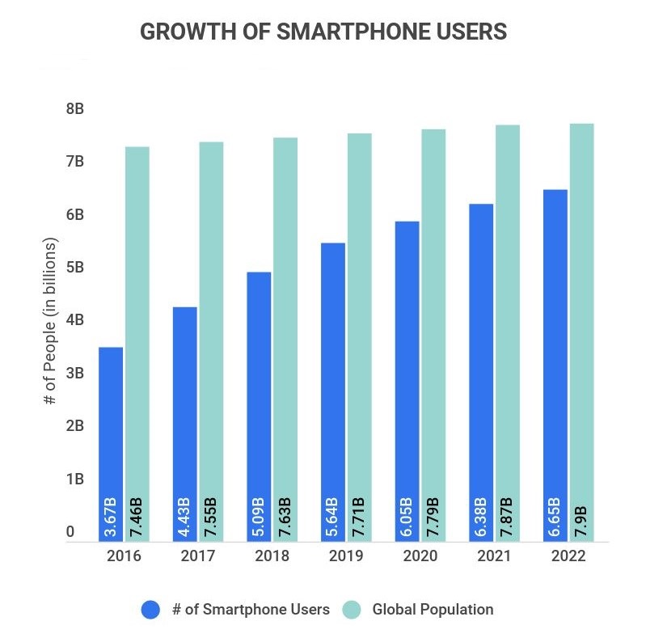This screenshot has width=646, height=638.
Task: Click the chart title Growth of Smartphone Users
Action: [323, 32]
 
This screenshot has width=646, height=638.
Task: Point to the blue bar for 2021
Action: [481, 348]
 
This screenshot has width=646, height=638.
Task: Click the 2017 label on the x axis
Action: [197, 556]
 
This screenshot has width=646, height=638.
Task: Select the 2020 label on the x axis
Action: [420, 556]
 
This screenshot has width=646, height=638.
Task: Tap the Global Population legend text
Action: [433, 609]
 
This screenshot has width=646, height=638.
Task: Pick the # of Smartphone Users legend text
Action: [251, 609]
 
